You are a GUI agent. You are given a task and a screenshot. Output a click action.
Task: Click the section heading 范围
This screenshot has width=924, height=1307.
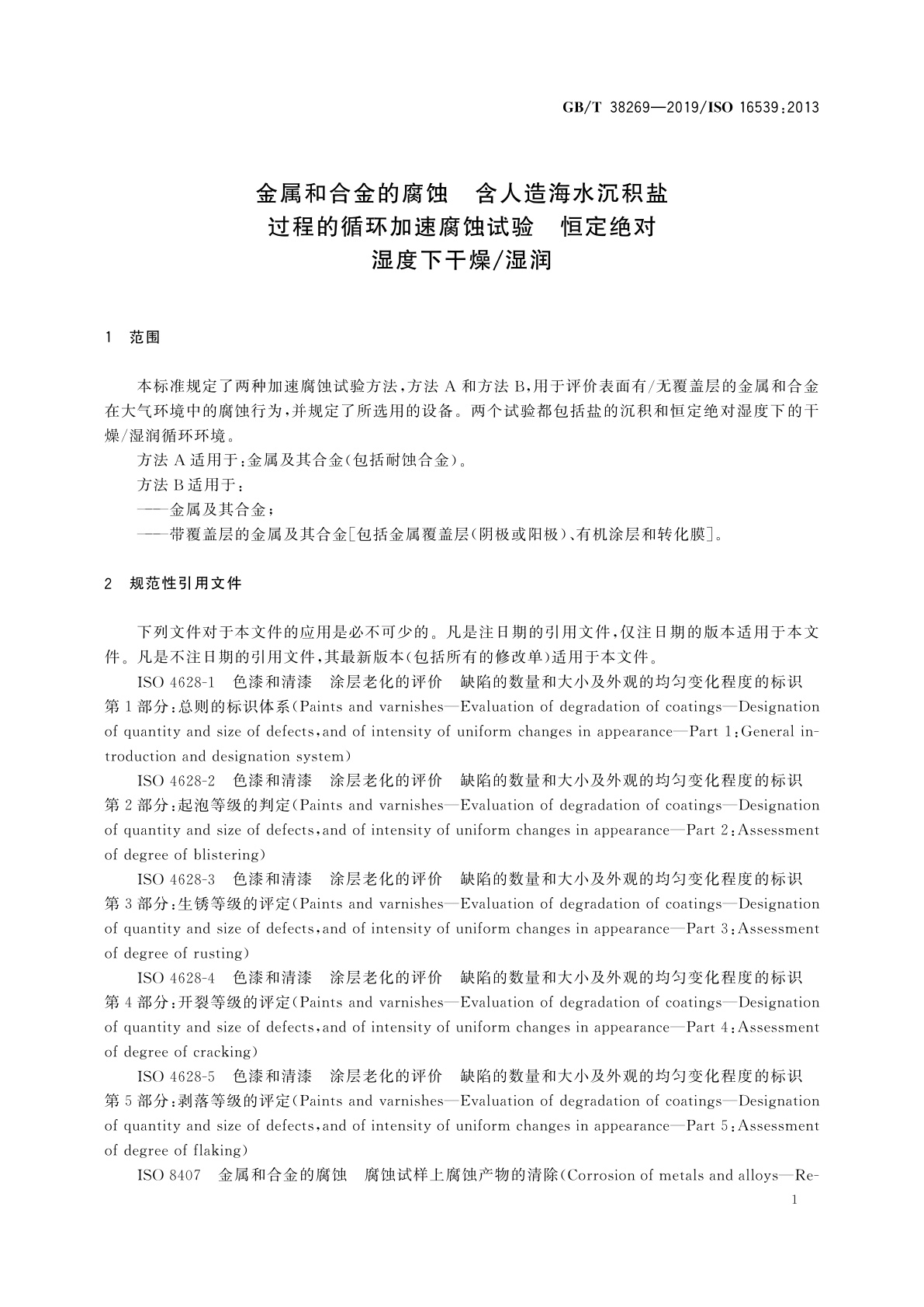[x=145, y=338]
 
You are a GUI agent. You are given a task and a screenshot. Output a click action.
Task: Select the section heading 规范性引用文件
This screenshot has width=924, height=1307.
[x=186, y=583]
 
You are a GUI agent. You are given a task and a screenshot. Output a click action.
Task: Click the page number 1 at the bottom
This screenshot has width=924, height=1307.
[x=792, y=1200]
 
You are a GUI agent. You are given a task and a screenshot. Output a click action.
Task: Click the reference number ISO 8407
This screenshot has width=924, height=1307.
[x=168, y=1175]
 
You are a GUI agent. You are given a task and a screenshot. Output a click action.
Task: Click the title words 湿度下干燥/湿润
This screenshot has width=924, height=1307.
[x=462, y=260]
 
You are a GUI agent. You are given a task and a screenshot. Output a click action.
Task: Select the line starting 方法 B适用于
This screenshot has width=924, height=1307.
[x=191, y=485]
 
